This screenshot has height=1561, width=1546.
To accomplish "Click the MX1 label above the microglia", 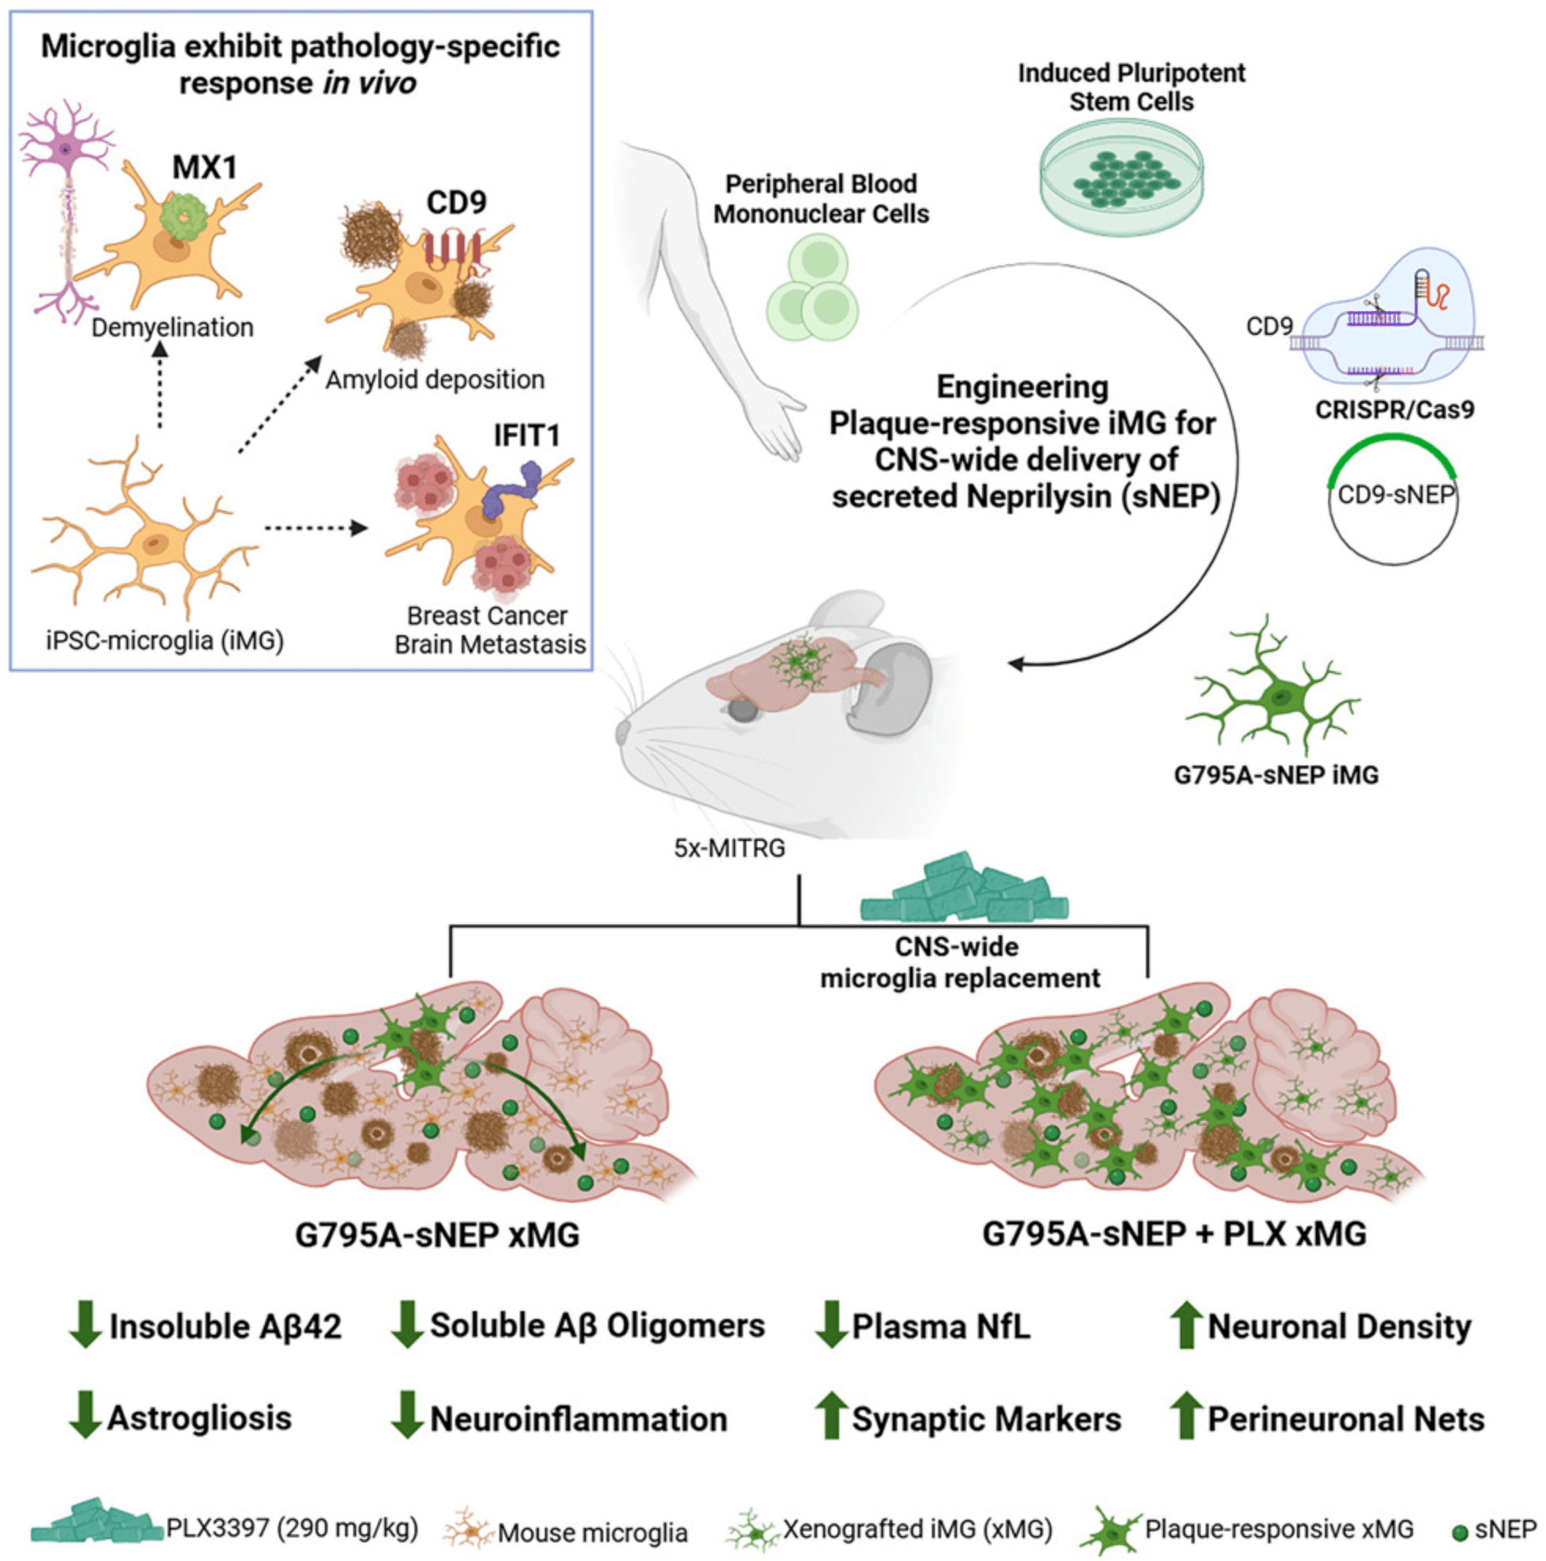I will point(204,167).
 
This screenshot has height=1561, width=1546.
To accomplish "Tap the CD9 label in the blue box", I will point(456,202).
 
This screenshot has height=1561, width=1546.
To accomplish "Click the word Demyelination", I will point(172,327).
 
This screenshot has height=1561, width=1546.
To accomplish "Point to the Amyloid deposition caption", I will point(435,379).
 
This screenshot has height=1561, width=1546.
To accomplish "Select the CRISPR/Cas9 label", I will point(1394,410).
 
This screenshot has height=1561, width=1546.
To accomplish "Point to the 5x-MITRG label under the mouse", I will point(729,847).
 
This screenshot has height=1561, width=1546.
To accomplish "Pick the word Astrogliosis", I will point(200,1418).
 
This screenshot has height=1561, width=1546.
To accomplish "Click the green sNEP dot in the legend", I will point(1459,1532).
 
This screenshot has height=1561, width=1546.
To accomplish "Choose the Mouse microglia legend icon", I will point(468,1530).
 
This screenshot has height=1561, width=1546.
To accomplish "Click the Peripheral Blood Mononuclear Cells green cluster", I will point(812,288).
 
